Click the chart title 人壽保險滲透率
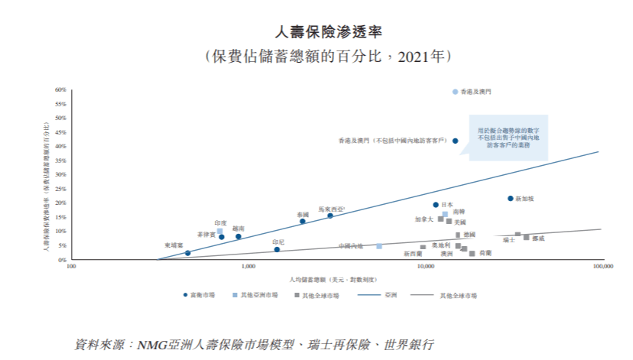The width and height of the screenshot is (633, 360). pyautogui.click(x=316, y=31)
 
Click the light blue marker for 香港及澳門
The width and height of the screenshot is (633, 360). pyautogui.click(x=455, y=92)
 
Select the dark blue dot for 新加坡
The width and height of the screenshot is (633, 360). pyautogui.click(x=511, y=199)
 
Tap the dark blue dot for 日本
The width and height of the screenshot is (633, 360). pyautogui.click(x=436, y=205)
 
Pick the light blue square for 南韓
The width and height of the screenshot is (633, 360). pyautogui.click(x=445, y=214)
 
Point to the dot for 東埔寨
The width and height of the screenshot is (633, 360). pyautogui.click(x=187, y=253)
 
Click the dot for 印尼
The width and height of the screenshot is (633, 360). pyautogui.click(x=277, y=250)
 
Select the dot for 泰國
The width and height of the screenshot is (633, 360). pyautogui.click(x=303, y=222)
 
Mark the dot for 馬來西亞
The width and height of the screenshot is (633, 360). pyautogui.click(x=330, y=216)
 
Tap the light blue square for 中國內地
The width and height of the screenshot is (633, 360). pyautogui.click(x=379, y=246)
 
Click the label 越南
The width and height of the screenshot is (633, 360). pyautogui.click(x=239, y=229)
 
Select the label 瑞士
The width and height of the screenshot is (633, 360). pyautogui.click(x=508, y=239)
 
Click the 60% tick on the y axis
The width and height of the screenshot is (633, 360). pyautogui.click(x=61, y=90)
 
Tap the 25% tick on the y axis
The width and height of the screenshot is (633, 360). pyautogui.click(x=61, y=189)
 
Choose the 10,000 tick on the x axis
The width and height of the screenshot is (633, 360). pyautogui.click(x=425, y=268)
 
